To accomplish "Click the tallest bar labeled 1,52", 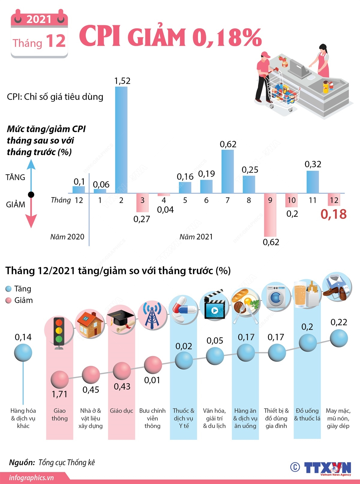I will click(121, 140).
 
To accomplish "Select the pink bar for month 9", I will click(270, 215).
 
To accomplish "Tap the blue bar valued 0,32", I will click(313, 182).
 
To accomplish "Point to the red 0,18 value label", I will click(334, 214).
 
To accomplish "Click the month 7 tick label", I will click(227, 200).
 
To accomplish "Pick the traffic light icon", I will click(59, 332).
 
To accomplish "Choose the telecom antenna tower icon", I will click(152, 314).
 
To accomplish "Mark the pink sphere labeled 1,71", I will click(59, 380).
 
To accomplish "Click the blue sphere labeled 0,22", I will click(339, 338).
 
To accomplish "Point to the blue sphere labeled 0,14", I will click(23, 353).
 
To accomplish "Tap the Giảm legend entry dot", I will click(8, 300).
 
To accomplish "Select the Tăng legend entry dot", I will click(8, 289).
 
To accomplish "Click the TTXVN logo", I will click(327, 467).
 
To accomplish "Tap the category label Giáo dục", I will click(121, 410).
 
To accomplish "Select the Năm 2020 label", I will click(67, 237).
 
